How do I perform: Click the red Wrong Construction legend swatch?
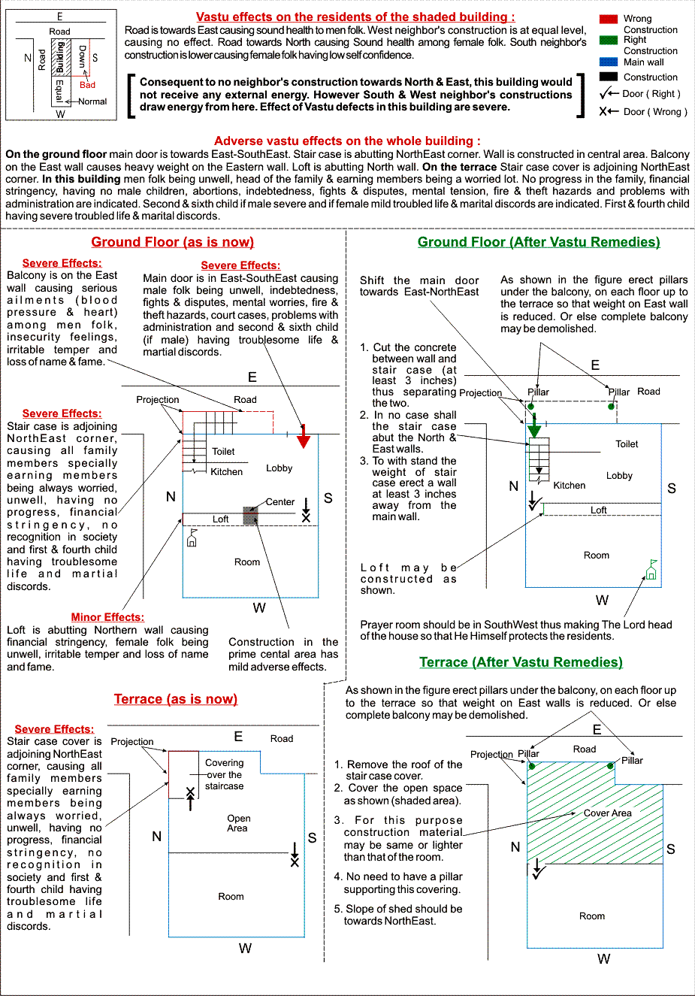tap(609, 19)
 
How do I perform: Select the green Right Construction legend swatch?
tap(609, 40)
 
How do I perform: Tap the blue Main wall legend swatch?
tap(609, 62)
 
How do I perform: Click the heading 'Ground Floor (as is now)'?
tap(173, 242)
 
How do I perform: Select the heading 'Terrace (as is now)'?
tap(176, 699)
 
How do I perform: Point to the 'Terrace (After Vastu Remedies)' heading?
tap(521, 662)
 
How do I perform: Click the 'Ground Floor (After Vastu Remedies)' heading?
tap(539, 242)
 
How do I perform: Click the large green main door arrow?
tap(533, 427)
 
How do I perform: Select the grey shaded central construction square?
tap(250, 516)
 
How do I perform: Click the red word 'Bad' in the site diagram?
tap(87, 85)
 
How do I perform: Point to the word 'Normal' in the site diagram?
tap(92, 101)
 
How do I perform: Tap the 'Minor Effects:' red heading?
tap(107, 617)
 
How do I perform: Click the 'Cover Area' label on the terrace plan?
tap(607, 813)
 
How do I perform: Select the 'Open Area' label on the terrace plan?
tap(238, 823)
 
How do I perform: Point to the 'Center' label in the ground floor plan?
tap(280, 502)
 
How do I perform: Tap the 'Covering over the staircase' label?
tap(224, 774)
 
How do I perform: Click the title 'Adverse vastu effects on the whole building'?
tap(347, 141)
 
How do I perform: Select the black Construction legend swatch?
tap(609, 77)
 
